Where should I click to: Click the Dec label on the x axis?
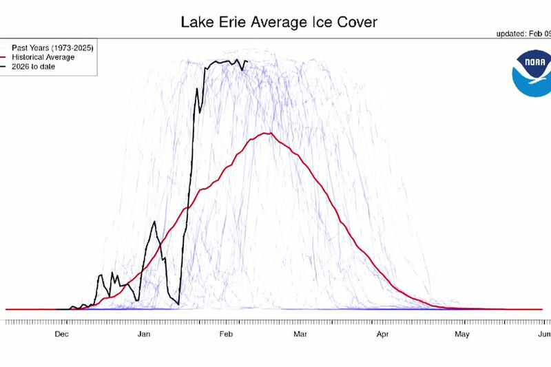62,335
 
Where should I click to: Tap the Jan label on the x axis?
145,335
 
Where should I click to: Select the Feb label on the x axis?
228,335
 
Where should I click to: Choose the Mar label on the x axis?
300,335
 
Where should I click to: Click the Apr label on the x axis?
383,335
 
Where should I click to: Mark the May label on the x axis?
462,335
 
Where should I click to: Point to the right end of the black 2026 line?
247,62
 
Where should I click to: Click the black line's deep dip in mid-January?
178,304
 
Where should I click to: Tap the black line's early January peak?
154,222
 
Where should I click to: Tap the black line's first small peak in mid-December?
101,275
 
